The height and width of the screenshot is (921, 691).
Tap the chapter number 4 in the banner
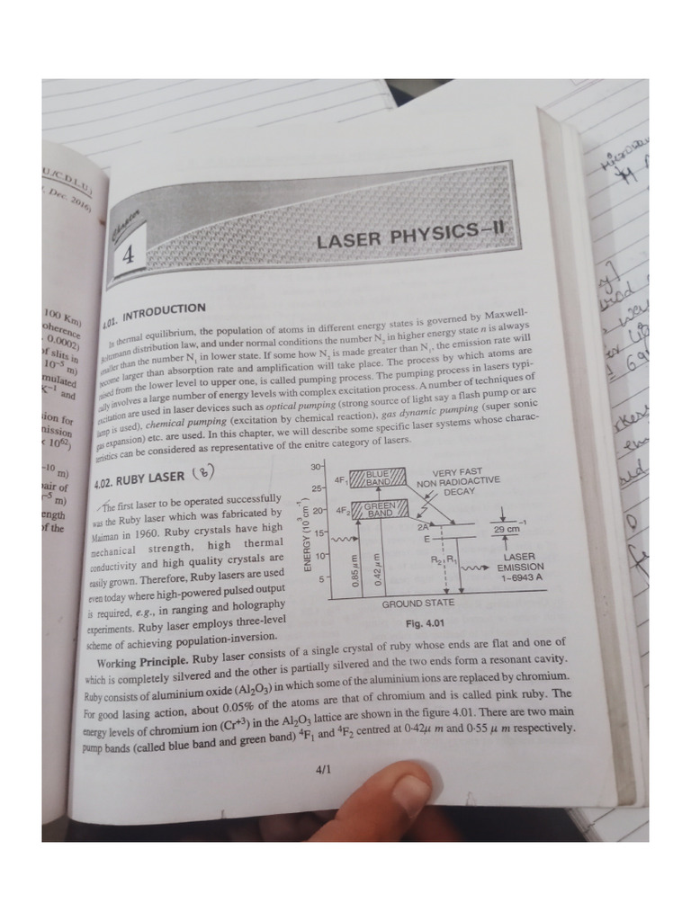pos(128,255)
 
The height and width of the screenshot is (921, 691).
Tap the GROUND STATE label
pos(417,603)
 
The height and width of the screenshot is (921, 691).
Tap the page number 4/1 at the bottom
pos(324,770)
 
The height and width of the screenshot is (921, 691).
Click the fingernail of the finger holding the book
pos(409,795)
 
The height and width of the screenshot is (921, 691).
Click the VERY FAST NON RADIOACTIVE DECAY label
pos(459,482)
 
